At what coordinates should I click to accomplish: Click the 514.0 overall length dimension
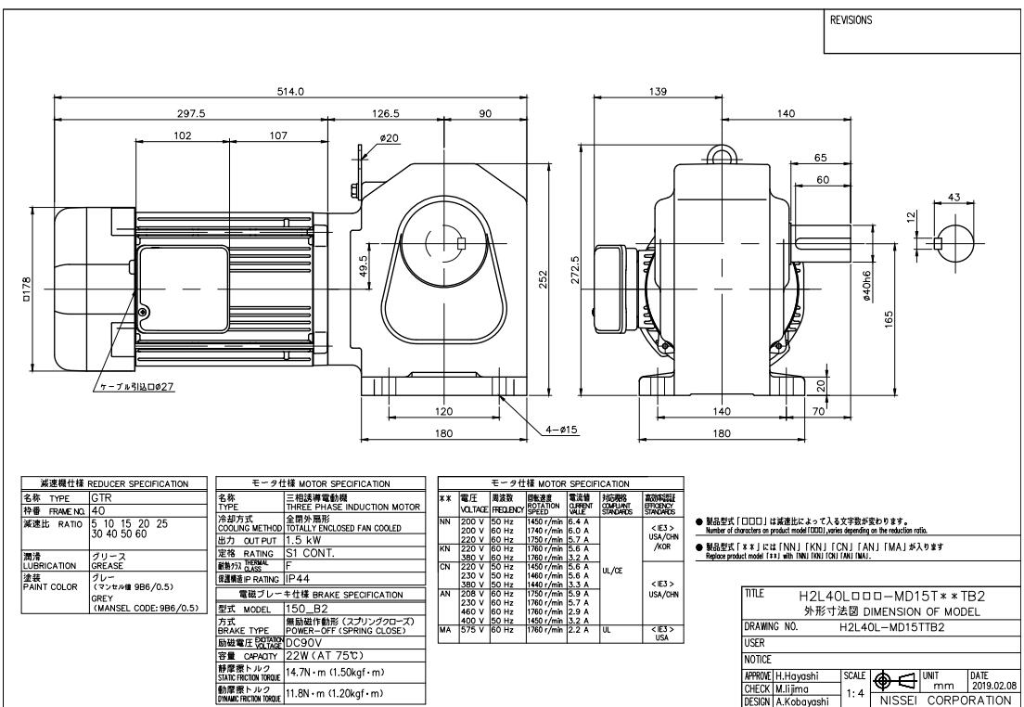point(292,90)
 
